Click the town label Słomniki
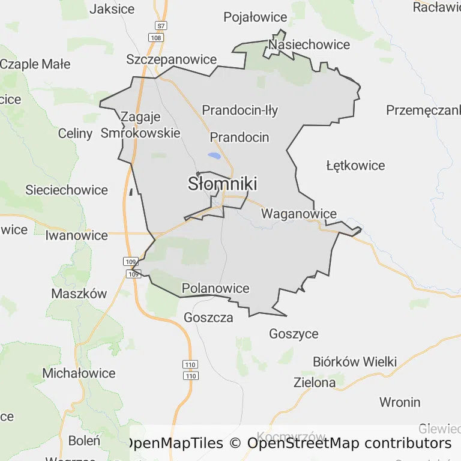[x=223, y=183]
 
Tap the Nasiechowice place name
[x=309, y=44]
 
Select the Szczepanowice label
[x=171, y=59]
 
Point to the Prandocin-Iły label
[x=240, y=110]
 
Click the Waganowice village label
[x=299, y=214]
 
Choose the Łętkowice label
[x=355, y=165]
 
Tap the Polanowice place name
[x=215, y=288]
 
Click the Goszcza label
[x=209, y=318]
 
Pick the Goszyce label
[x=294, y=334]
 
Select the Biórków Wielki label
[x=355, y=361]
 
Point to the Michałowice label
[x=79, y=373]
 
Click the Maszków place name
[x=79, y=294]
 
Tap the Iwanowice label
[x=76, y=235]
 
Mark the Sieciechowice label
[x=67, y=190]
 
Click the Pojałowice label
[x=255, y=17]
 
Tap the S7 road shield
[x=160, y=26]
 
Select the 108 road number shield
[x=155, y=38]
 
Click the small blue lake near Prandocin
[x=214, y=156]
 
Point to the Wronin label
[x=400, y=402]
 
